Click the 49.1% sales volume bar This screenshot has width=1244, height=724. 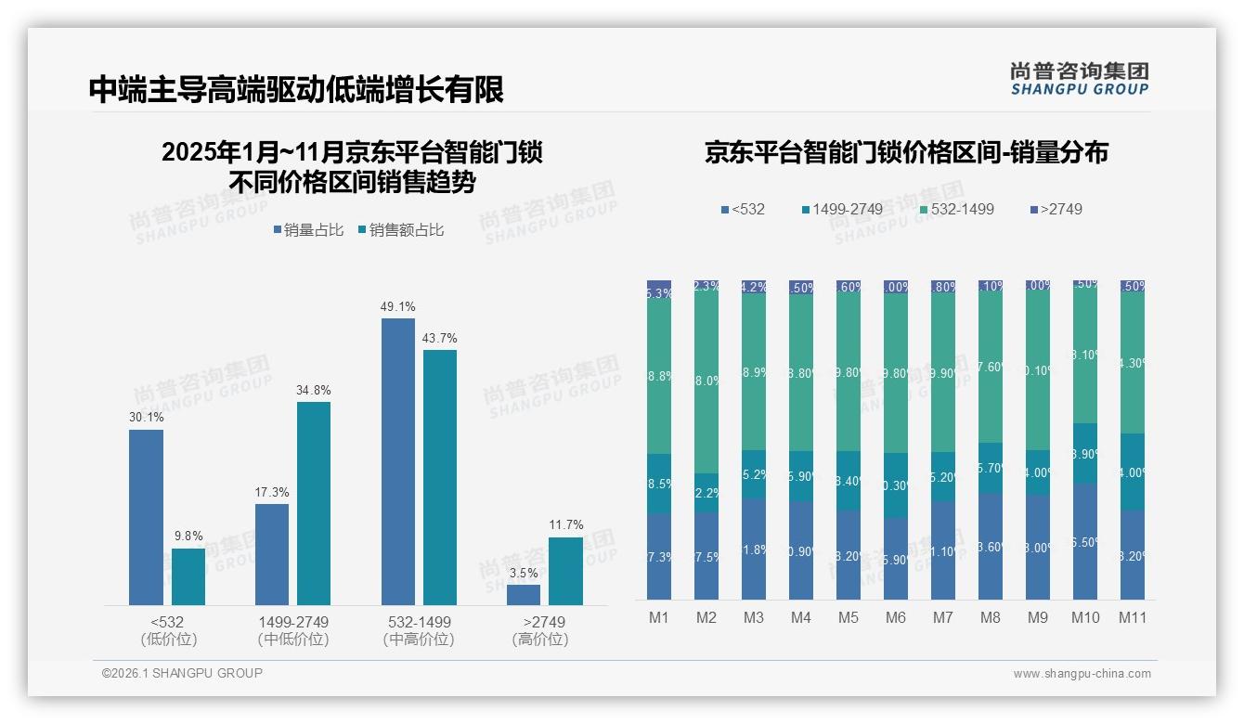click(x=398, y=461)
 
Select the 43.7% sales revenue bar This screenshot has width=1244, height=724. click(x=440, y=477)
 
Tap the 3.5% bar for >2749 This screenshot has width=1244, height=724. click(x=524, y=594)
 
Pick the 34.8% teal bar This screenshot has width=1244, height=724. click(x=314, y=503)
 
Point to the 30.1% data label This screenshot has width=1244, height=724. click(x=146, y=418)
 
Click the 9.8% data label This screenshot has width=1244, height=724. click(x=188, y=537)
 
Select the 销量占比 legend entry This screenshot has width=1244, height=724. click(x=311, y=230)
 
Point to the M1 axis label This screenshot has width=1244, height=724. click(x=658, y=618)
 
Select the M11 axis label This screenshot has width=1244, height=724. click(x=1133, y=618)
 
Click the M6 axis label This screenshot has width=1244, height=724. click(x=895, y=618)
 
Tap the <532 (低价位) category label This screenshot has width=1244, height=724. click(x=168, y=630)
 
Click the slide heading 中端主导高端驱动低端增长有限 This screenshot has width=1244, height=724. click(x=296, y=90)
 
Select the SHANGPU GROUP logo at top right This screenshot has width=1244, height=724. click(x=1079, y=78)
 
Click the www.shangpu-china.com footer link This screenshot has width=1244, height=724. click(x=1082, y=674)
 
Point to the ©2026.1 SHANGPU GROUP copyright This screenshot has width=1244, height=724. click(x=182, y=673)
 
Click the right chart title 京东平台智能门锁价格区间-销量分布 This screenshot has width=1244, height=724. click(x=906, y=153)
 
